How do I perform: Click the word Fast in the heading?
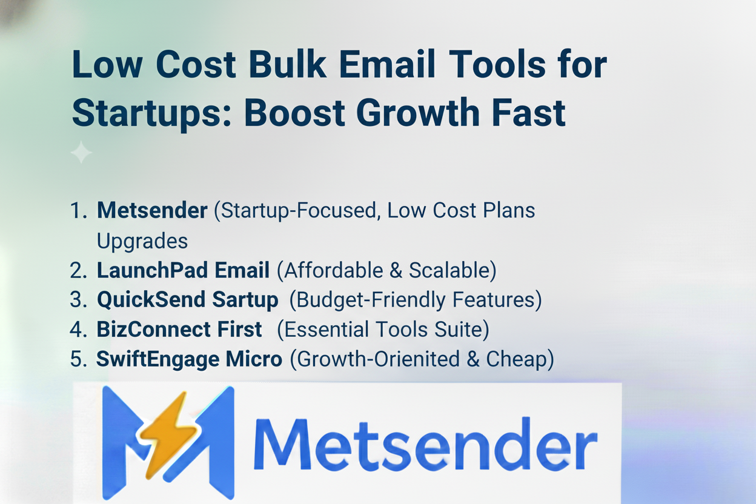click(525, 112)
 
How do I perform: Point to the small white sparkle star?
click(81, 152)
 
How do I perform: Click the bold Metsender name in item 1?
click(152, 210)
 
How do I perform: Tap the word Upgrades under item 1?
click(142, 240)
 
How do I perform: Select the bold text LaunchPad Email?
click(183, 270)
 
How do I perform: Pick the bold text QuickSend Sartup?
click(187, 300)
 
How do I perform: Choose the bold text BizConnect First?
click(179, 330)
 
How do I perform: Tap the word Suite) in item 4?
click(458, 330)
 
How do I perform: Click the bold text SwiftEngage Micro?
click(189, 359)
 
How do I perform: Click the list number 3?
click(78, 300)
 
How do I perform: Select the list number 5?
click(78, 359)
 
